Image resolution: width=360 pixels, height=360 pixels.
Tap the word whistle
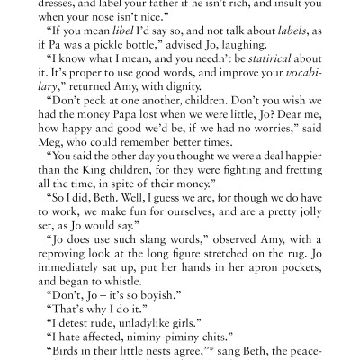(x=139, y=309)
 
